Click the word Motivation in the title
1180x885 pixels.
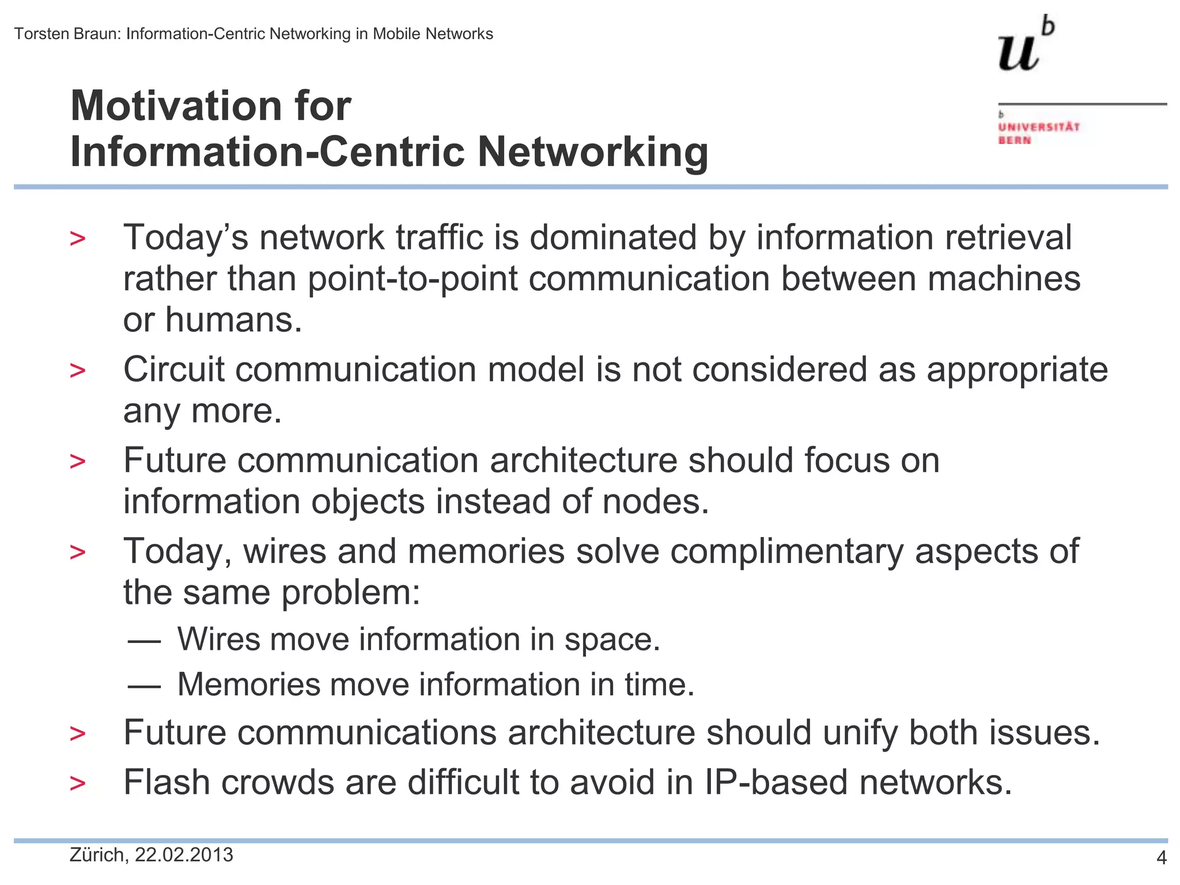coord(171,106)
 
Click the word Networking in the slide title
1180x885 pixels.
coord(593,152)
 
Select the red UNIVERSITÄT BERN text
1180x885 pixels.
coord(1038,133)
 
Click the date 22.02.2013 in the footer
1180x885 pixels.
coord(184,855)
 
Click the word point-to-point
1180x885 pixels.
coord(413,279)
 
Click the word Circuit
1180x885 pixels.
coord(173,369)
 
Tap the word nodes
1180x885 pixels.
coord(655,501)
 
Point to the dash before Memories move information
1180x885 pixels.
coord(143,686)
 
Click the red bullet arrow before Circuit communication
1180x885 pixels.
coord(77,370)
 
